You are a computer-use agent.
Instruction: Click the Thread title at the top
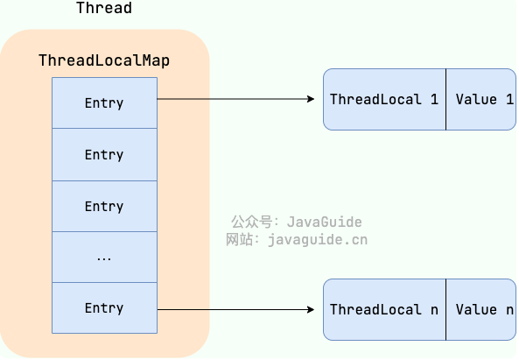(104, 8)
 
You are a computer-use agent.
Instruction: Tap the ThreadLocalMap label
(104, 60)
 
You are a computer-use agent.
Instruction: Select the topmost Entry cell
(105, 103)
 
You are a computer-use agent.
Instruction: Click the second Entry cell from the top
(105, 155)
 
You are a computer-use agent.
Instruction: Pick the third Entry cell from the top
(105, 207)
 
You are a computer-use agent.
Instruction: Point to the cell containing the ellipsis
(105, 258)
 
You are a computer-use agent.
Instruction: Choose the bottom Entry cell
(105, 308)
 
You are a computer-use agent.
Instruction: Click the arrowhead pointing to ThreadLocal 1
(311, 99)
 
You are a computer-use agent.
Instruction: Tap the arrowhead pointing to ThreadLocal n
(311, 310)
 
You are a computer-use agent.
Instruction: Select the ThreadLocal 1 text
(384, 99)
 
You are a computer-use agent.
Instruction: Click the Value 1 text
(485, 99)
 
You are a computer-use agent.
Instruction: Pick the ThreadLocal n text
(384, 310)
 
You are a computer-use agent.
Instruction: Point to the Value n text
(485, 310)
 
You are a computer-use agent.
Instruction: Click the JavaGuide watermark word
(325, 222)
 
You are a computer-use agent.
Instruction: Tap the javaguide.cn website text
(318, 240)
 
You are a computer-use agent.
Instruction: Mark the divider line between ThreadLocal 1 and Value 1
(445, 99)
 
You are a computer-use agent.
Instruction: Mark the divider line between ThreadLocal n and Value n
(445, 310)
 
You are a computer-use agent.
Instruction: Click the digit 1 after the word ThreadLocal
(435, 99)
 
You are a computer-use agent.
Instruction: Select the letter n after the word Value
(509, 310)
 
